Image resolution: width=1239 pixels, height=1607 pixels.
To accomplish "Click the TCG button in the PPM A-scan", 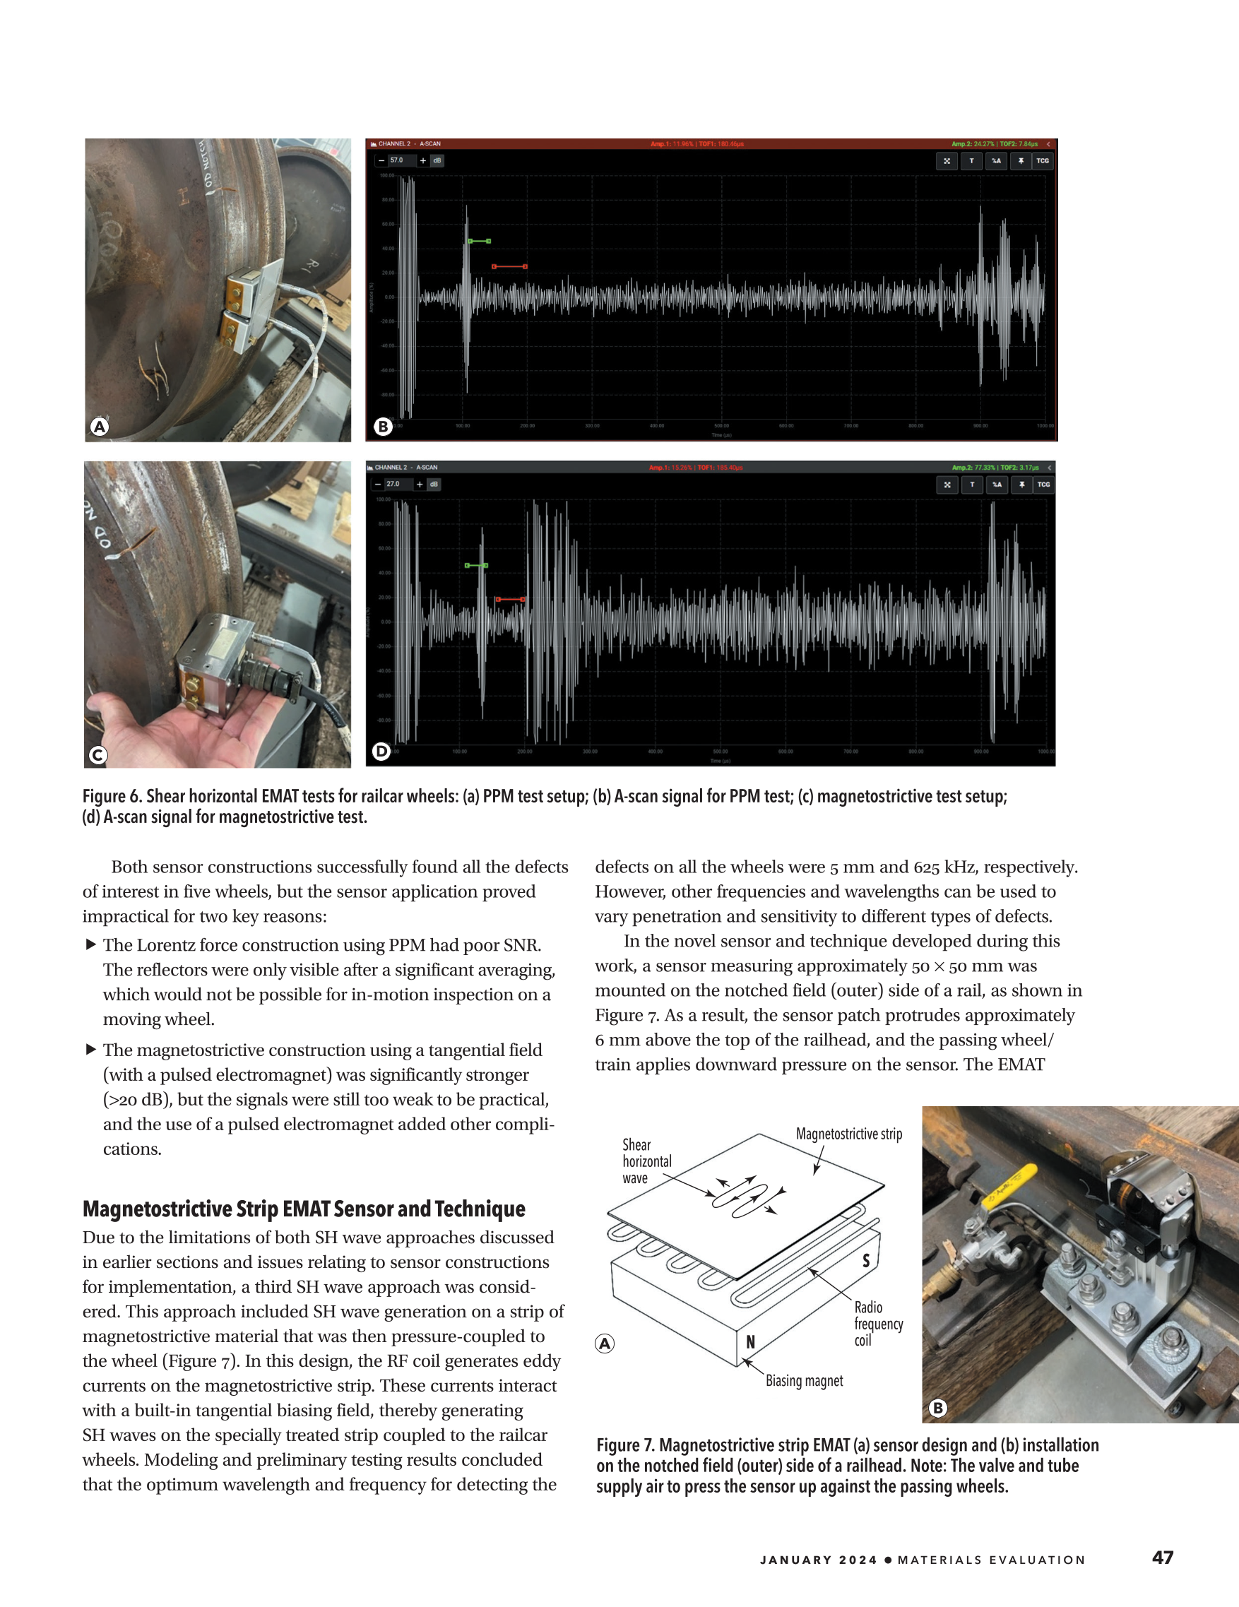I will (1043, 160).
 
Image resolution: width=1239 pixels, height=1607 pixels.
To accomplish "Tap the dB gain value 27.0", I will (393, 484).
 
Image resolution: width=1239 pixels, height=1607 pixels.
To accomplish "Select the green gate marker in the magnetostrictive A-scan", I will (476, 565).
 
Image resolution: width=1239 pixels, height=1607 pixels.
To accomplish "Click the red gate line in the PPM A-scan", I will (509, 266).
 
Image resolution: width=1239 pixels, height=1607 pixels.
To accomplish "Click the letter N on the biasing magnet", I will (750, 1341).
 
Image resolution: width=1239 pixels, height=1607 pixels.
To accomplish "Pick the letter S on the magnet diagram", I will (866, 1260).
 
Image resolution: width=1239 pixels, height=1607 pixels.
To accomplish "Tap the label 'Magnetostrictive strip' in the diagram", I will (848, 1134).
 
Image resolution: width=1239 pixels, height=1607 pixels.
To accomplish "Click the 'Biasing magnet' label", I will (804, 1381).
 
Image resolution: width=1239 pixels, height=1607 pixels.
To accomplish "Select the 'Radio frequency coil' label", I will (878, 1324).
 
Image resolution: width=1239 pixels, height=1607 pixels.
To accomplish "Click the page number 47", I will (1163, 1557).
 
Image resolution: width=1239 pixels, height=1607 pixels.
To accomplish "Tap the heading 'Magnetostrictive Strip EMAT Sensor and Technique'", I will (304, 1209).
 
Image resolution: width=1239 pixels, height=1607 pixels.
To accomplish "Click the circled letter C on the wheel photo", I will (98, 755).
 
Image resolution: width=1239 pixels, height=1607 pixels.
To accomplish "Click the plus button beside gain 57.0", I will (422, 160).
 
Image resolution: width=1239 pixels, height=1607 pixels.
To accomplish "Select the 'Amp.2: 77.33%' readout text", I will (973, 467).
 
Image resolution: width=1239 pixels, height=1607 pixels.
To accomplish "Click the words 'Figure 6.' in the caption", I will (112, 796).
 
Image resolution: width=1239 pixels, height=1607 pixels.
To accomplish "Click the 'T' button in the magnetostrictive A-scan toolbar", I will (972, 484).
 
